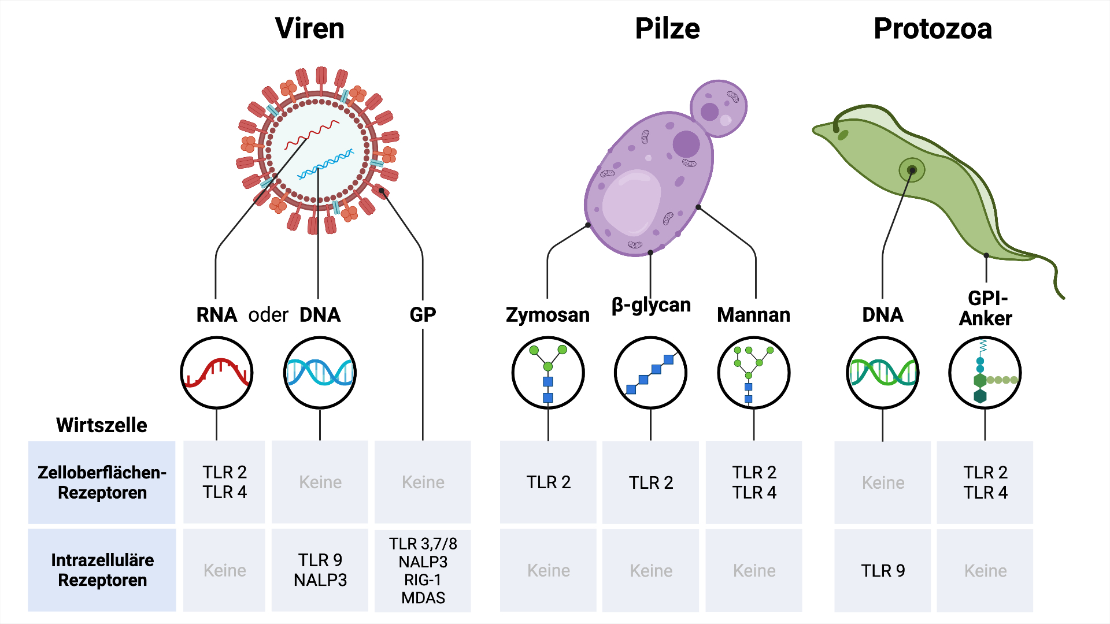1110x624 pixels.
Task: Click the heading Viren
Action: tap(309, 29)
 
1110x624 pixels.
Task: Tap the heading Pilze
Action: tap(667, 29)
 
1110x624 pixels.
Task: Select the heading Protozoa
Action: tap(933, 29)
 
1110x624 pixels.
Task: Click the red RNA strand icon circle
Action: tap(217, 373)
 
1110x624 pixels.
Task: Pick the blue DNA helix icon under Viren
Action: tap(320, 373)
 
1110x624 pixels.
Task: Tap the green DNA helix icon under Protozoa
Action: tap(882, 373)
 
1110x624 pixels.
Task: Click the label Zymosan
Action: tap(547, 315)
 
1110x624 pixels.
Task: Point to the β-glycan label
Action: tap(651, 304)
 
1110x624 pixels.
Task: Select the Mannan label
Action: tap(753, 315)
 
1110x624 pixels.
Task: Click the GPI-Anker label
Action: tap(986, 309)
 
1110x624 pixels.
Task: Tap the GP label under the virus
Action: tap(423, 315)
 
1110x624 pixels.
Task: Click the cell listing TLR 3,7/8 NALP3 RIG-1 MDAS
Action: tap(423, 570)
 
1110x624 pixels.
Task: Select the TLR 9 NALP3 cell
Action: tap(320, 570)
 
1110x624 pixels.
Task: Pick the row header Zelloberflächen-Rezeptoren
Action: tap(102, 482)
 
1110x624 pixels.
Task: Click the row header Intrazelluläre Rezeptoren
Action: tap(102, 570)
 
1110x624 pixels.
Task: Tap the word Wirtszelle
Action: tap(102, 425)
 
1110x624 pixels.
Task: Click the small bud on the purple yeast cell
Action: tap(719, 108)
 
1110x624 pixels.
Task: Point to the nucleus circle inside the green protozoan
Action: tap(912, 170)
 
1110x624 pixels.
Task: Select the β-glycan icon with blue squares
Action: tap(650, 373)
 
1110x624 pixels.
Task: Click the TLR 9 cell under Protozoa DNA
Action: tap(882, 570)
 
